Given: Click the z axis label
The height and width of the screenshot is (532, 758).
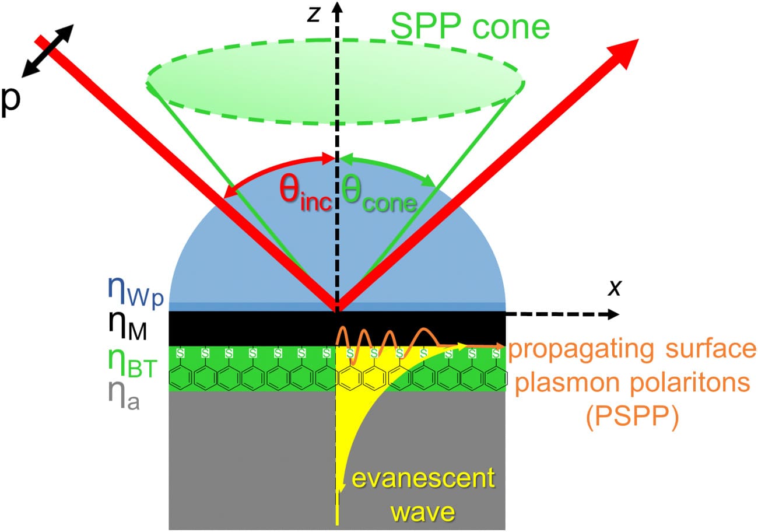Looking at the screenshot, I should pyautogui.click(x=314, y=13).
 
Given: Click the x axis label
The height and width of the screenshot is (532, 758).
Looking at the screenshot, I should pyautogui.click(x=613, y=288).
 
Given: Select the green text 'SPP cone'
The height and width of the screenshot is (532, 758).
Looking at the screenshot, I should pyautogui.click(x=470, y=26).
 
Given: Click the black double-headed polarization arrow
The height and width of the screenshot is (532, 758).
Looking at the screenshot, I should pyautogui.click(x=48, y=51).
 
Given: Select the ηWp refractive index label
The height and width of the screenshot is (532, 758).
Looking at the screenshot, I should pyautogui.click(x=135, y=288).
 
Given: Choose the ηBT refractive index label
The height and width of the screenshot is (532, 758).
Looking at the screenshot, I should pyautogui.click(x=131, y=364).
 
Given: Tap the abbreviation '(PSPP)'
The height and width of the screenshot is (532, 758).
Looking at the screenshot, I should pyautogui.click(x=633, y=419).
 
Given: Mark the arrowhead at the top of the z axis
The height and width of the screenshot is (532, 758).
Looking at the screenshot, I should pyautogui.click(x=335, y=7).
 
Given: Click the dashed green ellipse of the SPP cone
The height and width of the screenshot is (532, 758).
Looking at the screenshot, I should pyautogui.click(x=335, y=123).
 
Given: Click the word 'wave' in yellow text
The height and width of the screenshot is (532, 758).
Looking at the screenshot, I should pyautogui.click(x=423, y=512).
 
